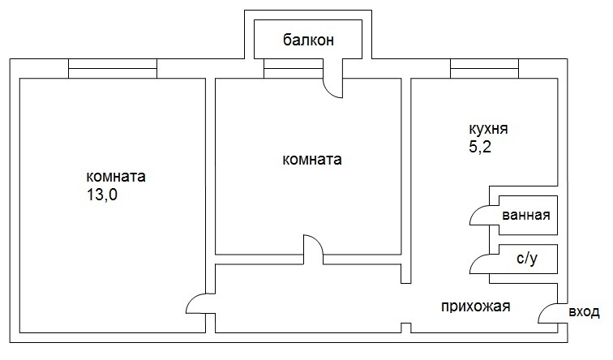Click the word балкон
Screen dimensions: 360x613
(x=309, y=41)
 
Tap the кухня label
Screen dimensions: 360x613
(x=489, y=129)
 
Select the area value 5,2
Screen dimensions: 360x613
(x=481, y=148)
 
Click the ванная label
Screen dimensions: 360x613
(x=526, y=216)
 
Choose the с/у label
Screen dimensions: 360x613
(x=526, y=260)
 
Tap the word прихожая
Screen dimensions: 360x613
(x=475, y=306)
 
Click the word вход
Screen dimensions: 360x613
(x=584, y=311)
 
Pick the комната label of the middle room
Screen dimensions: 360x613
(x=311, y=160)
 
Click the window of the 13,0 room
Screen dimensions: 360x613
(x=112, y=70)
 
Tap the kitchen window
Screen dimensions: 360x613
(x=484, y=70)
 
